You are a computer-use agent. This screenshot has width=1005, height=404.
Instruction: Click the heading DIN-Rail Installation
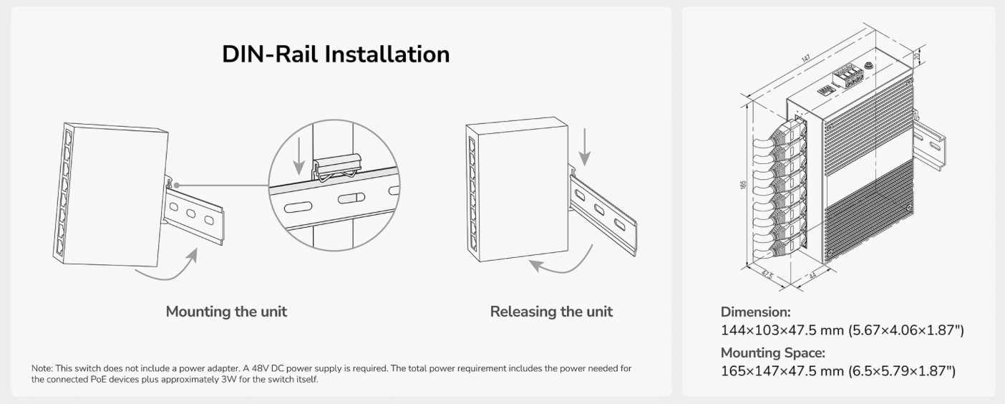(x=336, y=54)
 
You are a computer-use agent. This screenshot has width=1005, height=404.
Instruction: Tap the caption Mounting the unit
(x=226, y=312)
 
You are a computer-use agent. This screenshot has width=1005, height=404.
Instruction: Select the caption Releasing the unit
(x=551, y=312)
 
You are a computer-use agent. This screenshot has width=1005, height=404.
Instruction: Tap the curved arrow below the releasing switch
(x=566, y=266)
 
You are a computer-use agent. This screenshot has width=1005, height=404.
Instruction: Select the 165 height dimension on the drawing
(x=744, y=185)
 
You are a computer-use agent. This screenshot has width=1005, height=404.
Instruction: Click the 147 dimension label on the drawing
(x=806, y=58)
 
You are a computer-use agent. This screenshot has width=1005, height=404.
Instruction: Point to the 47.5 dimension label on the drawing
(x=767, y=274)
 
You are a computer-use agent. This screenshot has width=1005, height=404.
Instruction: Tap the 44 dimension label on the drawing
(x=812, y=275)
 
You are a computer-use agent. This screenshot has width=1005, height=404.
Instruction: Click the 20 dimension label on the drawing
(x=917, y=56)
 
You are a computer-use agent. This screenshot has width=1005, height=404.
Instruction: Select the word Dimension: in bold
(x=756, y=312)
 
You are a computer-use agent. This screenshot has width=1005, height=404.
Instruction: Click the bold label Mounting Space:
(x=772, y=353)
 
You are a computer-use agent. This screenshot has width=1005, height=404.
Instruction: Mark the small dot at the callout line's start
(x=177, y=185)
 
